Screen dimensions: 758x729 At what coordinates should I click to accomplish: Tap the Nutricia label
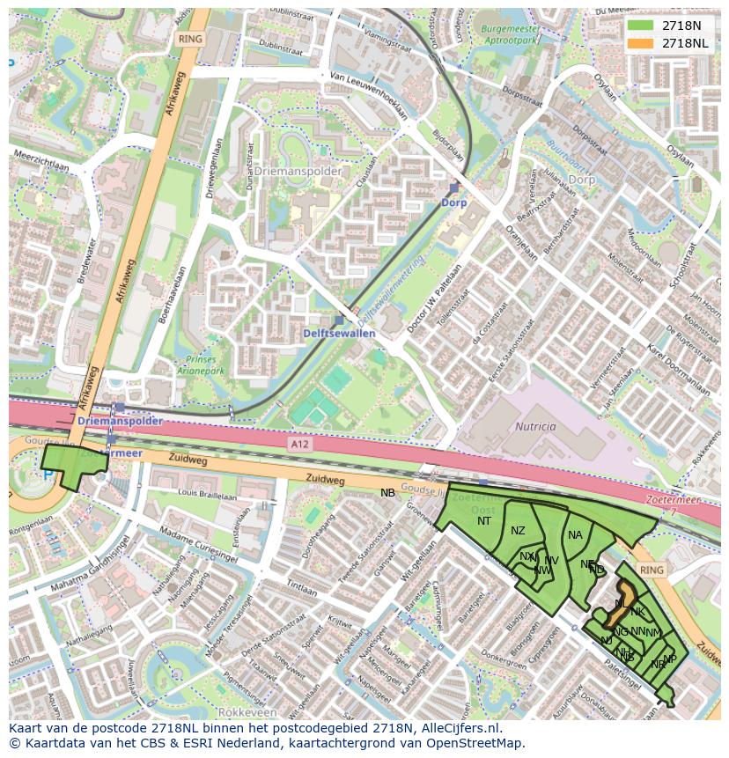pos(536,426)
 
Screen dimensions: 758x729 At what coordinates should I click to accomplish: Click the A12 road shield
pos(299,446)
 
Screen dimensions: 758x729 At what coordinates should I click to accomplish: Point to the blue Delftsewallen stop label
pos(339,334)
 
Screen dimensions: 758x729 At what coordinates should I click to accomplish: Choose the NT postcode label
pos(484,521)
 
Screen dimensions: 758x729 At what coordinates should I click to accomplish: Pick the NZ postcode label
pos(518,530)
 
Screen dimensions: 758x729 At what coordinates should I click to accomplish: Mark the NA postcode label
pos(575,534)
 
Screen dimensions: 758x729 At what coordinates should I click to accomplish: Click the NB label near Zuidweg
pos(387,493)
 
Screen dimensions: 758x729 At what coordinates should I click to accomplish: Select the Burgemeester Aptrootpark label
pos(503,34)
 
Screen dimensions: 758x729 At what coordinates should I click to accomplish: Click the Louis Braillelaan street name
pos(207,497)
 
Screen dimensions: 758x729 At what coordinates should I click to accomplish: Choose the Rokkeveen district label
pos(247,711)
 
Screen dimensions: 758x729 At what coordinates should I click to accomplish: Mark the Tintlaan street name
pos(301,588)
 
